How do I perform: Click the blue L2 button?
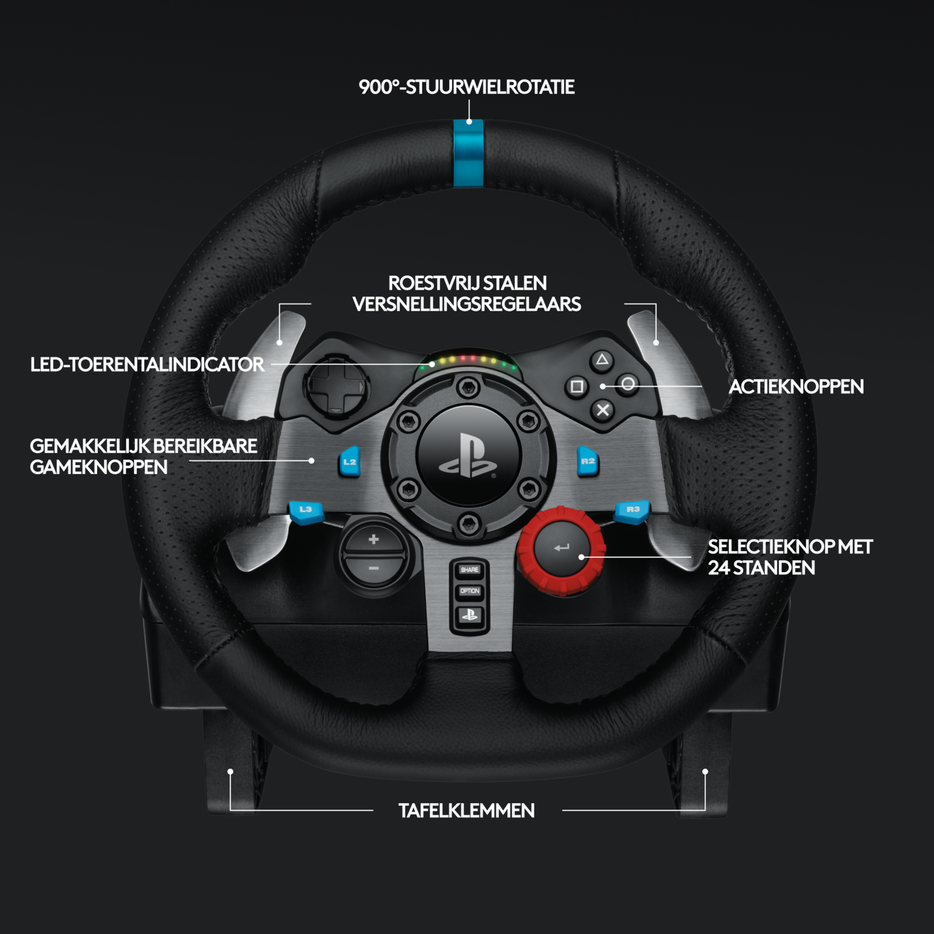coord(350,462)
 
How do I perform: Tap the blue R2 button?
coord(587,461)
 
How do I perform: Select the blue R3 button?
coord(632,511)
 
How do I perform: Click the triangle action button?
coord(601,359)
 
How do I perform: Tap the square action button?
coord(577,387)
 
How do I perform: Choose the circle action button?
coord(628,384)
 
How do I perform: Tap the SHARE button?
coord(469,569)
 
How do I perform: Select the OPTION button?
coord(469,591)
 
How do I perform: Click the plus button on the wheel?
coord(374,539)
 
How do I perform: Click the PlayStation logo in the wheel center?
coord(468,456)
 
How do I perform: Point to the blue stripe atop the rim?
coord(468,153)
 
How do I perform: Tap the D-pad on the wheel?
coord(336,387)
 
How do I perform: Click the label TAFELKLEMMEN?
coord(466,811)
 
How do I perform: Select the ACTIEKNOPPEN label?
coord(796,387)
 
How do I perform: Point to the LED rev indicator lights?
coord(468,361)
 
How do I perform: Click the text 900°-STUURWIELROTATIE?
coord(466,87)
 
